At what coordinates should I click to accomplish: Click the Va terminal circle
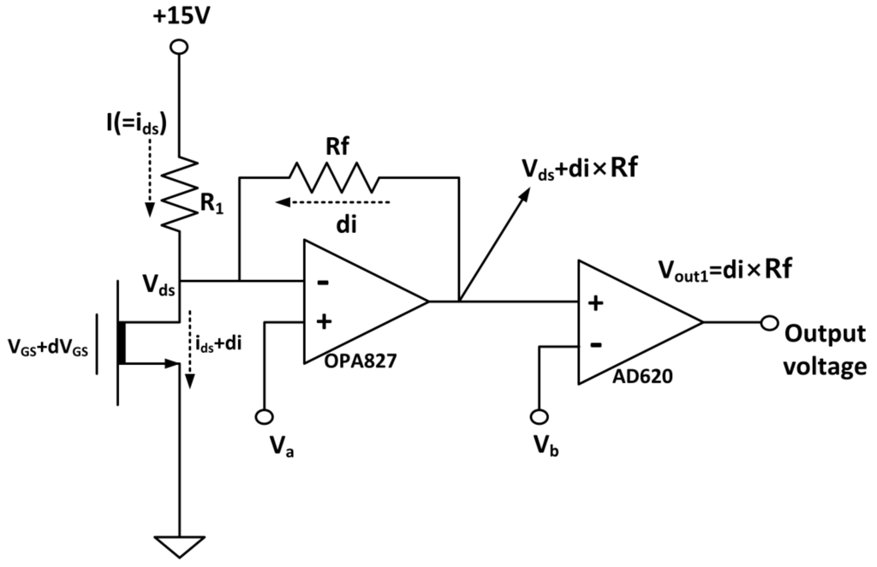265,417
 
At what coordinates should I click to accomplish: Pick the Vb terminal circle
539,416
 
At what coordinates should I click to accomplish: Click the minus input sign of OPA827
324,282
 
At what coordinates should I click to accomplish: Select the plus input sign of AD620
598,302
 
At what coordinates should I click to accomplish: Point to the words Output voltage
826,350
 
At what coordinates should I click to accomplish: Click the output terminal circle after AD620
770,323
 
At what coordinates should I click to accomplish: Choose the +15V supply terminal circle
179,48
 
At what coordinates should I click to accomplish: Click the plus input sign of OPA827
324,322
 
